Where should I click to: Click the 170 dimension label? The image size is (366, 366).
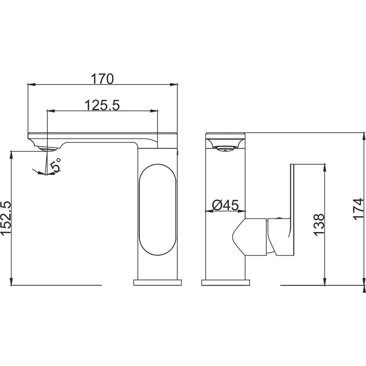(x=102, y=79)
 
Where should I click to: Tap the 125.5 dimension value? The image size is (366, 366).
(x=102, y=105)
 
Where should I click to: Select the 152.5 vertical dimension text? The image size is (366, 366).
(x=6, y=218)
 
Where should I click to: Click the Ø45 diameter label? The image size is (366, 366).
(x=225, y=205)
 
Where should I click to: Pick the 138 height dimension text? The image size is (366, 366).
(x=319, y=225)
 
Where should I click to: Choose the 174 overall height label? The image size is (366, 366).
(x=358, y=209)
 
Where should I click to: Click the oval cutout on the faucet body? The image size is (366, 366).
(x=157, y=209)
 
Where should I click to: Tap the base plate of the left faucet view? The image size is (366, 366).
(x=157, y=283)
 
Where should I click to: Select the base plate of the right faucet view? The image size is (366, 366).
(x=225, y=283)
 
